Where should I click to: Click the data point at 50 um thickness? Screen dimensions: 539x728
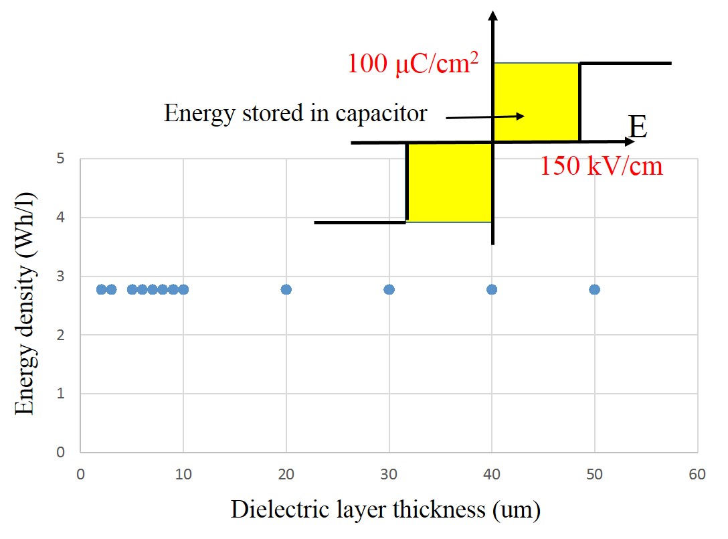point(594,289)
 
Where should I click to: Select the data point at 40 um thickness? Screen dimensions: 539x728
point(492,289)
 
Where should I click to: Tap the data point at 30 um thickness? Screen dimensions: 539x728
point(389,289)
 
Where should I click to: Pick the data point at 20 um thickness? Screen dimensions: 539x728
point(286,289)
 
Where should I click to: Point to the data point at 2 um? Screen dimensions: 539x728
point(101,289)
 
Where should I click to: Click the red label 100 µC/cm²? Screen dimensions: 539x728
point(414,63)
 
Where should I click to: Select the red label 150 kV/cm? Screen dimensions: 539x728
point(601,165)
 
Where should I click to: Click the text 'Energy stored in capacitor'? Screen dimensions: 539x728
point(295,113)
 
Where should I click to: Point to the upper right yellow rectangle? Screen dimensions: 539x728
point(536,102)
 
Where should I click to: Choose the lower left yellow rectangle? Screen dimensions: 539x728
point(449,182)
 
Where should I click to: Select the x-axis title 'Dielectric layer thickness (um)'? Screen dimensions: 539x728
point(385,510)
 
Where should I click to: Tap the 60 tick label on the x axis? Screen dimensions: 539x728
point(697,474)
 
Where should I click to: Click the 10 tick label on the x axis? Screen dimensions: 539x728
point(183,474)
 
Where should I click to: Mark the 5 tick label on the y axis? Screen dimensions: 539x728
point(60,159)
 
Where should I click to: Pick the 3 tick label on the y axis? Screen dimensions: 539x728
point(60,277)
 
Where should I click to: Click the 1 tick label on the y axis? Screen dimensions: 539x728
point(60,394)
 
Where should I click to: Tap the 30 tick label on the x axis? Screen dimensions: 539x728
point(389,474)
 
